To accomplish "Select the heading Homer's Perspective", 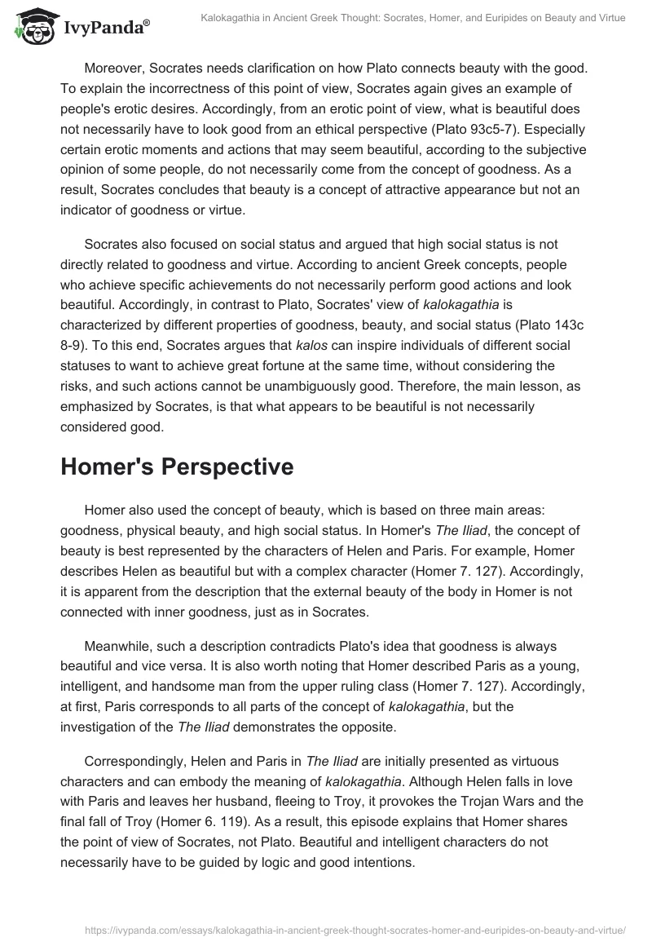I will (x=189, y=466).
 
